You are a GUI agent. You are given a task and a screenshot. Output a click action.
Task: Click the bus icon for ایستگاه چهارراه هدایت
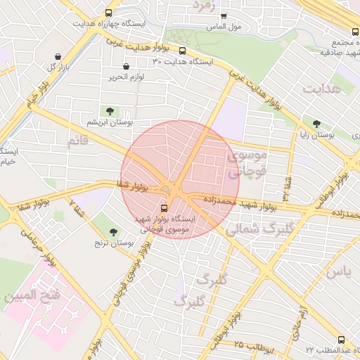[108, 13]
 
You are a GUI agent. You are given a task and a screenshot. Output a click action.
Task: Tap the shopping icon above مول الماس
[224, 15]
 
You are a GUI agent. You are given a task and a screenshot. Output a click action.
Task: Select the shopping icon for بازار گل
[57, 56]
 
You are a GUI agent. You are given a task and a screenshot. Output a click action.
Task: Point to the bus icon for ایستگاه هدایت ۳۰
[183, 51]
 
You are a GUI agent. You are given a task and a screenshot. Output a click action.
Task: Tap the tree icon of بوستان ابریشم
[110, 111]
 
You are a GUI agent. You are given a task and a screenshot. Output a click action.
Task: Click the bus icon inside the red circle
[165, 208]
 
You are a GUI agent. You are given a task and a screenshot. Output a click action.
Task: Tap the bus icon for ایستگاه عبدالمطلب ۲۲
[341, 339]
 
